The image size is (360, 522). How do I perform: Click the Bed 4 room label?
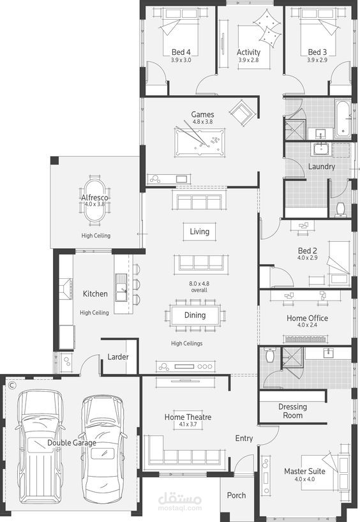(181, 52)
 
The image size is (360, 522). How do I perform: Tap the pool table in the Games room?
(200, 142)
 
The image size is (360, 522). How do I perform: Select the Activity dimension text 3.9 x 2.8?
(248, 60)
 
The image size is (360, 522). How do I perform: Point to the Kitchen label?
(95, 294)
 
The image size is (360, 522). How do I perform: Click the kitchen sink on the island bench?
(121, 288)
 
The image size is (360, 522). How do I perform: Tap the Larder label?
(118, 357)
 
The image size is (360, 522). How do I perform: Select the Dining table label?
(195, 315)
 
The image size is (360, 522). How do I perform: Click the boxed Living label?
(200, 232)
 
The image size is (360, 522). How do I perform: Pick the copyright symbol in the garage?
(12, 385)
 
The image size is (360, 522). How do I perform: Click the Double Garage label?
(71, 443)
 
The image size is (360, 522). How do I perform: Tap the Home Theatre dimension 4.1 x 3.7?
(188, 424)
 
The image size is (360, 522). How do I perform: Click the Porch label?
(236, 495)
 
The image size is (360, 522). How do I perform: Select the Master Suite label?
(304, 472)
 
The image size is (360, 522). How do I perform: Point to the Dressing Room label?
(293, 411)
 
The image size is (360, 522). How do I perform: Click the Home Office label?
(307, 318)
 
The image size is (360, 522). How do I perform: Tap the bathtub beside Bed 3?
(343, 118)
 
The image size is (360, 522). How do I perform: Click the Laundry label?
(321, 167)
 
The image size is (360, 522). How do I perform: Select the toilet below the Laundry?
(340, 209)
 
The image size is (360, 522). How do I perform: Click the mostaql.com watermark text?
(180, 508)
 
